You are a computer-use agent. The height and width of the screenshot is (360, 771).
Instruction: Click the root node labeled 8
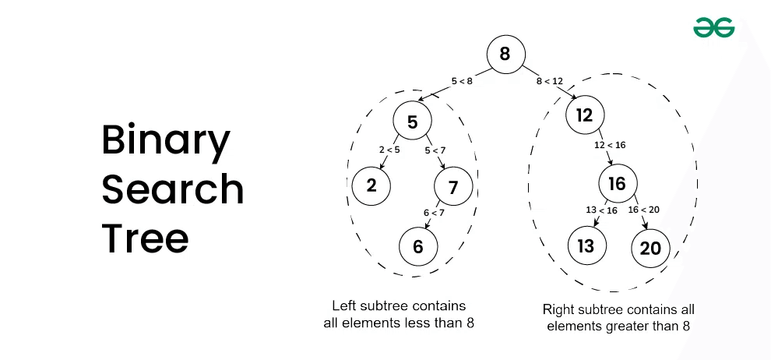[505, 55]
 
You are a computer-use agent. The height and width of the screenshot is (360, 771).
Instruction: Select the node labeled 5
[413, 122]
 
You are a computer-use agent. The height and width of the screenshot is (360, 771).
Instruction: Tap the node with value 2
[371, 185]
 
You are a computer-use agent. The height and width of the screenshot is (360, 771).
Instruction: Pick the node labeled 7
[454, 186]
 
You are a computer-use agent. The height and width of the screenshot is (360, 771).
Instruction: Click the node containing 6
[418, 247]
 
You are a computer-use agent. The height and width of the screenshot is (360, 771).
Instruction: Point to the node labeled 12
[585, 116]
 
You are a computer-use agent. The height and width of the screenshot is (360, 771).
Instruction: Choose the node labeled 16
[617, 184]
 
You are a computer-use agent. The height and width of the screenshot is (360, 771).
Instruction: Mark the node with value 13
[586, 247]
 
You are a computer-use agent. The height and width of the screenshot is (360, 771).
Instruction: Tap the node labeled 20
[650, 248]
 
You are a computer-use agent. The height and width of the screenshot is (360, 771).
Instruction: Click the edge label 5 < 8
[462, 80]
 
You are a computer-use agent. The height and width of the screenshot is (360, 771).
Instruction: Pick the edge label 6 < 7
[433, 211]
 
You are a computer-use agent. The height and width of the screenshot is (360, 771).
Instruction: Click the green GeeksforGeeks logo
[713, 28]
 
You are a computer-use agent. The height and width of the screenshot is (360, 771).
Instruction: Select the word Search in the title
[173, 189]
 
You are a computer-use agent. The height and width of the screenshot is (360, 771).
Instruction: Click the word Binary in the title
[166, 142]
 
